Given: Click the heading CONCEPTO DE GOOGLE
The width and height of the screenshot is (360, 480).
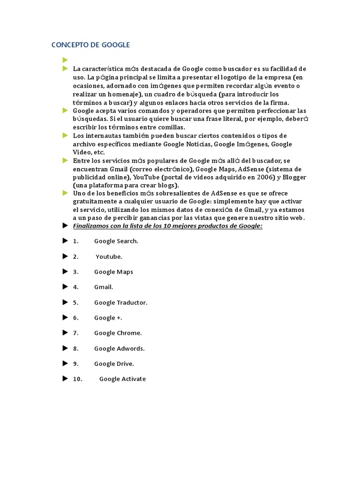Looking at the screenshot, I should point(90,45).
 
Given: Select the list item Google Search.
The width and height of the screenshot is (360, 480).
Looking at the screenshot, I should point(116,241).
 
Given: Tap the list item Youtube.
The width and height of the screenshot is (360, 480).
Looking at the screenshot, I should point(109,256).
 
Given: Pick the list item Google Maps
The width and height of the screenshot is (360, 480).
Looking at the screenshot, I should point(113,272).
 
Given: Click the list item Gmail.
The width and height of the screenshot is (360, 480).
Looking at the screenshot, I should point(104,287).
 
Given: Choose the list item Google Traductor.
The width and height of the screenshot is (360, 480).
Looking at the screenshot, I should point(121,302).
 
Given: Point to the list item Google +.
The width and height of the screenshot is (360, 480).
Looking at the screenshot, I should point(108,318).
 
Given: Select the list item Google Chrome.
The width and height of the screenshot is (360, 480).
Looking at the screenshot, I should point(118,333).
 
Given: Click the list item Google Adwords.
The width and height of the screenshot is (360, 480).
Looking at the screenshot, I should point(120,348).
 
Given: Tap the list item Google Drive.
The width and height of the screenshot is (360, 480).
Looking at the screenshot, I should point(114,364).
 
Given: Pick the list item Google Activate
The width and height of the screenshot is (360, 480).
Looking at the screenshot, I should point(122,379).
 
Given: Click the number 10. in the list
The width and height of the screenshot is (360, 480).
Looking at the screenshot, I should point(77,379).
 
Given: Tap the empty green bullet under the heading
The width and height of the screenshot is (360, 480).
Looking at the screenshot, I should point(65,60).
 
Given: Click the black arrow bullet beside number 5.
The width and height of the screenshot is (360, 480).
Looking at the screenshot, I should point(65,302).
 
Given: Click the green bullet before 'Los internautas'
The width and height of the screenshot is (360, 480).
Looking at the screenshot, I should point(65,135).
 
